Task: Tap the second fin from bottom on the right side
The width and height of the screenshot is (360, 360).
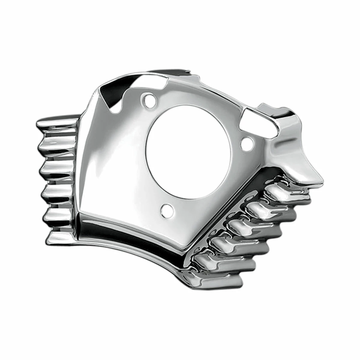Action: point(228,261)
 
